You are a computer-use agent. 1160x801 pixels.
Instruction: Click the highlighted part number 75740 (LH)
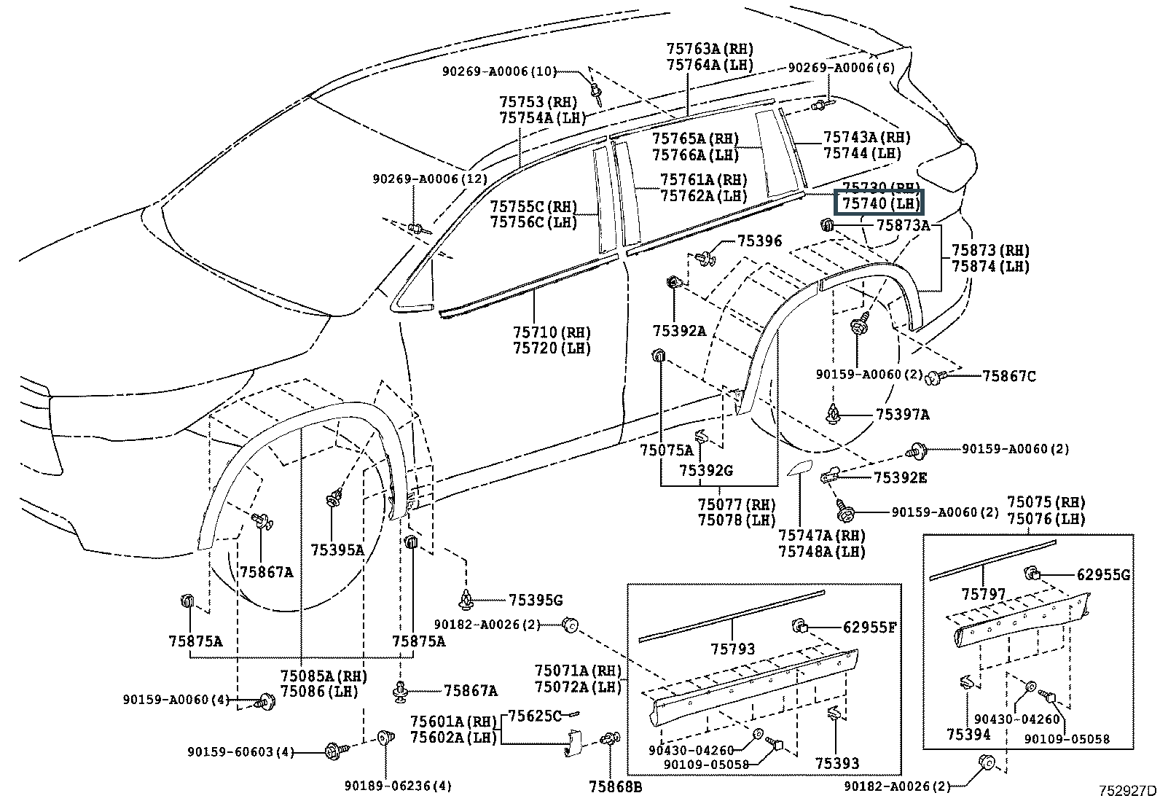click(881, 203)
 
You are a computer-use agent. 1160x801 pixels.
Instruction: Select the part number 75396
click(759, 241)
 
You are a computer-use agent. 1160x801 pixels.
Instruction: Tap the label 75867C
click(1008, 376)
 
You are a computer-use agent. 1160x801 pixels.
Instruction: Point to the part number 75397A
click(902, 415)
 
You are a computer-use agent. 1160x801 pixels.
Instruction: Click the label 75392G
click(706, 471)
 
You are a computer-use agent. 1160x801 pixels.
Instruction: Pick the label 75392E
click(901, 477)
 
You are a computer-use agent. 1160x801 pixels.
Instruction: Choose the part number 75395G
click(536, 600)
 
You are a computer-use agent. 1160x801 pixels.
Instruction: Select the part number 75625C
click(534, 716)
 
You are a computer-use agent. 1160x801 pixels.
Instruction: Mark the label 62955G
click(1103, 574)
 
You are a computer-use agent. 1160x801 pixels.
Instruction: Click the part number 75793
click(733, 649)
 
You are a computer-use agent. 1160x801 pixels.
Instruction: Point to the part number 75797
click(983, 594)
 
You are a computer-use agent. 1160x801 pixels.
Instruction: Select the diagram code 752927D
click(1128, 791)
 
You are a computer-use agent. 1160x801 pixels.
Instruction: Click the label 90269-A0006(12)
click(430, 179)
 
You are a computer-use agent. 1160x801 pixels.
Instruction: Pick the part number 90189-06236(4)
click(398, 786)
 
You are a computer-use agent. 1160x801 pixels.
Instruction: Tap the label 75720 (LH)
click(552, 348)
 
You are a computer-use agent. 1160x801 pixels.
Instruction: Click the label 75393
click(837, 763)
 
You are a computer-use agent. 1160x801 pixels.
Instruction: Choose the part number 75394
click(968, 734)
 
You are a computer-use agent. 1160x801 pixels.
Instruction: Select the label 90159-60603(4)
click(240, 751)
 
